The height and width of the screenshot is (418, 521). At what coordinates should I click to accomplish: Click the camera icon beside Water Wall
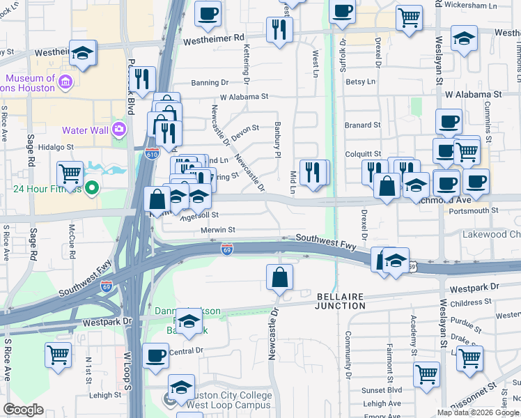pos(118,130)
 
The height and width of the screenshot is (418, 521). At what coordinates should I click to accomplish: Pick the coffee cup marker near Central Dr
pos(155,355)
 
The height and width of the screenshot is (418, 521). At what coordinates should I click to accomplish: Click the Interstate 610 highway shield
pos(151,153)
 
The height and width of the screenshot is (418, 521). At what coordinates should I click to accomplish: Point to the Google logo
pos(23,410)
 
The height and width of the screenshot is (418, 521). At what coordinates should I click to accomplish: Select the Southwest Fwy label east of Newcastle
pos(326,239)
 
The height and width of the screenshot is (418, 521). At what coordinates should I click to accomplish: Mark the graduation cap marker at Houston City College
pos(181,387)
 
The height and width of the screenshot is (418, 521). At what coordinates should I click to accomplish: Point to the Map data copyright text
pos(477,412)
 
